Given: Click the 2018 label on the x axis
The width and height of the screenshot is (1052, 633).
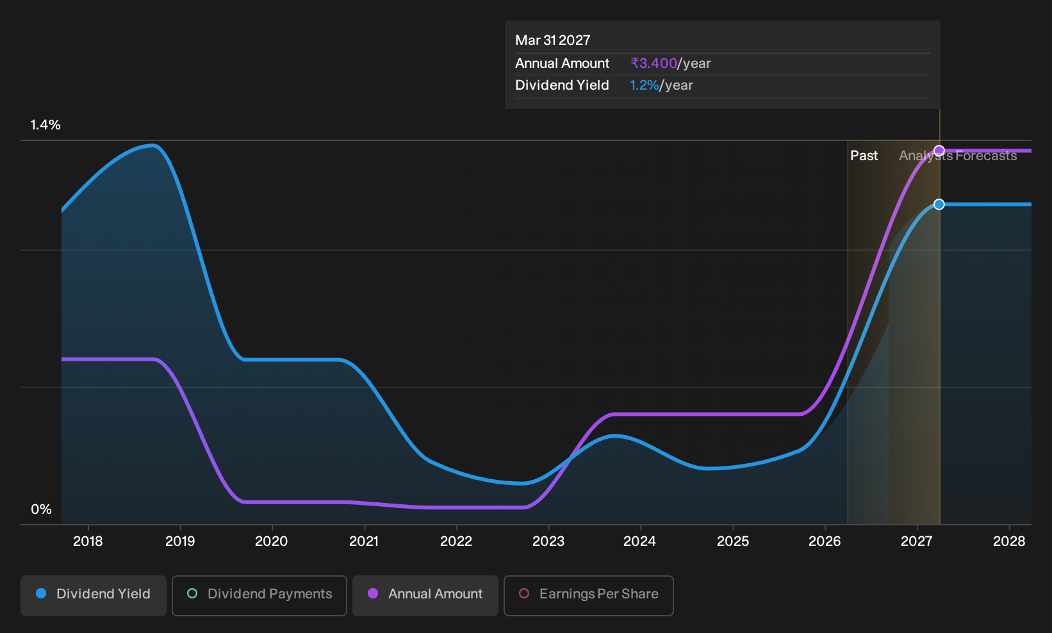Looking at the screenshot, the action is (x=88, y=541).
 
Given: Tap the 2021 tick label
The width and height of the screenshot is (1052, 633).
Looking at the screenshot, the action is (x=364, y=541).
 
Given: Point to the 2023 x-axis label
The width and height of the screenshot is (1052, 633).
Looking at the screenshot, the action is (x=548, y=541).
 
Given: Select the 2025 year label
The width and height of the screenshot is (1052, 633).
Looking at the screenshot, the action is (x=733, y=541).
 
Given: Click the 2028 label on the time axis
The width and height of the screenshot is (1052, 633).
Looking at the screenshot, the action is (x=1009, y=541).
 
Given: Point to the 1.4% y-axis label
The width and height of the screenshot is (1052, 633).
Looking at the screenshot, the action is (x=45, y=125).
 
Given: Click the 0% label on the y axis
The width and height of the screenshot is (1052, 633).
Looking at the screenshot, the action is (x=42, y=509).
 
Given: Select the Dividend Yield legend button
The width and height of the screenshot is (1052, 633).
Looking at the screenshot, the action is (x=94, y=595).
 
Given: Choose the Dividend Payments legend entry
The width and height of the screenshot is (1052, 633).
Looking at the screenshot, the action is (x=259, y=595).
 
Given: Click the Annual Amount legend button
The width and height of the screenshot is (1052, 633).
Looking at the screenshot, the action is (x=425, y=595).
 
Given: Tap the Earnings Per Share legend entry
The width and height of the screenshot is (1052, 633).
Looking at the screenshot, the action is (x=588, y=595).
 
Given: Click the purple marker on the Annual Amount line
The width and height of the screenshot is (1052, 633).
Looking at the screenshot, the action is (x=939, y=151).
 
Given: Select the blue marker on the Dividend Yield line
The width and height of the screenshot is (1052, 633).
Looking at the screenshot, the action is (x=939, y=204).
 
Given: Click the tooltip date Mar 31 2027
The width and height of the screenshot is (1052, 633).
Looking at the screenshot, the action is (x=552, y=40).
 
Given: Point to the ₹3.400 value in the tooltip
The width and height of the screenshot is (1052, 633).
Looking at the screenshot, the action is (x=653, y=63).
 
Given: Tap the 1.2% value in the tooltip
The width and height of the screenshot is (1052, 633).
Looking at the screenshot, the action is (x=645, y=85).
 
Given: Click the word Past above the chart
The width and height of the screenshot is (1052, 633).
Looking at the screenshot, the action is (x=864, y=156).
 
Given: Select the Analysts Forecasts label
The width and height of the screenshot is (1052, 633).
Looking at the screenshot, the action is (x=958, y=156).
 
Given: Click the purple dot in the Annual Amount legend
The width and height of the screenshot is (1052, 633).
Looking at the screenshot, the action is (x=373, y=593).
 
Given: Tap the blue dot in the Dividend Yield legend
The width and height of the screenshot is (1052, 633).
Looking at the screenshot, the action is (x=42, y=593).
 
